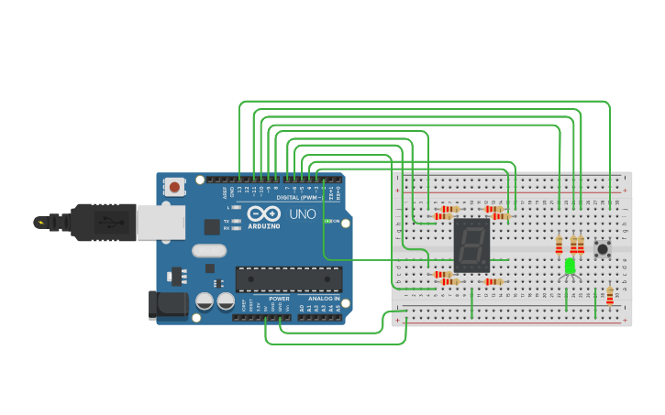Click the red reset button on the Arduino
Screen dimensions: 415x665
[174, 187]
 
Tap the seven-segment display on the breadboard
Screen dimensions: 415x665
[471, 245]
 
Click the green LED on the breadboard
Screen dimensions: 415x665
[570, 266]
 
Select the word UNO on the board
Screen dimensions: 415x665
[303, 214]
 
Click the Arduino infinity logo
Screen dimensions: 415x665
[263, 213]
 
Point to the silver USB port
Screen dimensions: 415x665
[161, 222]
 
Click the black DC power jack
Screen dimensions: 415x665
[168, 305]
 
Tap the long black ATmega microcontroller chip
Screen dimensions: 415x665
[289, 279]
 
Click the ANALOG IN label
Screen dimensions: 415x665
[323, 299]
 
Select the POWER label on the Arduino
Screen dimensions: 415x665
[279, 299]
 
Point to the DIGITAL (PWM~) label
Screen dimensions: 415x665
[299, 197]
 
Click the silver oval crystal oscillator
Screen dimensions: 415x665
[209, 250]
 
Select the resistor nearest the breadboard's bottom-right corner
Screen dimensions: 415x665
[609, 296]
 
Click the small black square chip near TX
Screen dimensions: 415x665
[212, 226]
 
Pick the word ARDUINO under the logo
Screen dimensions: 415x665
[263, 224]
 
